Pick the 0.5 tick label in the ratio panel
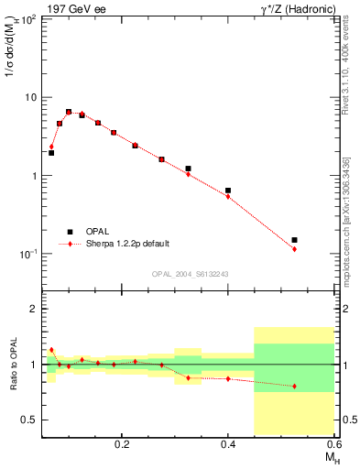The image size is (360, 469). click(x=28, y=420)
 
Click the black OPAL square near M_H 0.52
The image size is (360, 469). click(x=294, y=240)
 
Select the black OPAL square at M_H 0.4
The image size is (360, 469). click(x=228, y=191)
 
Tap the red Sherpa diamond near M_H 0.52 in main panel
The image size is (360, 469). click(x=294, y=249)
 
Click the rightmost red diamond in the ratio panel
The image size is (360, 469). click(x=294, y=387)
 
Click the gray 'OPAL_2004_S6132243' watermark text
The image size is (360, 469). click(x=188, y=273)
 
